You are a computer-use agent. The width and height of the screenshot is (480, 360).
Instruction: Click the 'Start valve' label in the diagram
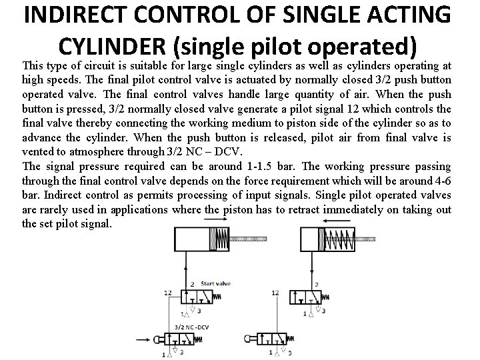[215, 283]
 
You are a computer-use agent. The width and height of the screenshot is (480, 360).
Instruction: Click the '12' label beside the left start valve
[168, 292]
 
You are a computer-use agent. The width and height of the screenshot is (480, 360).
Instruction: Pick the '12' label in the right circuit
[275, 292]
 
